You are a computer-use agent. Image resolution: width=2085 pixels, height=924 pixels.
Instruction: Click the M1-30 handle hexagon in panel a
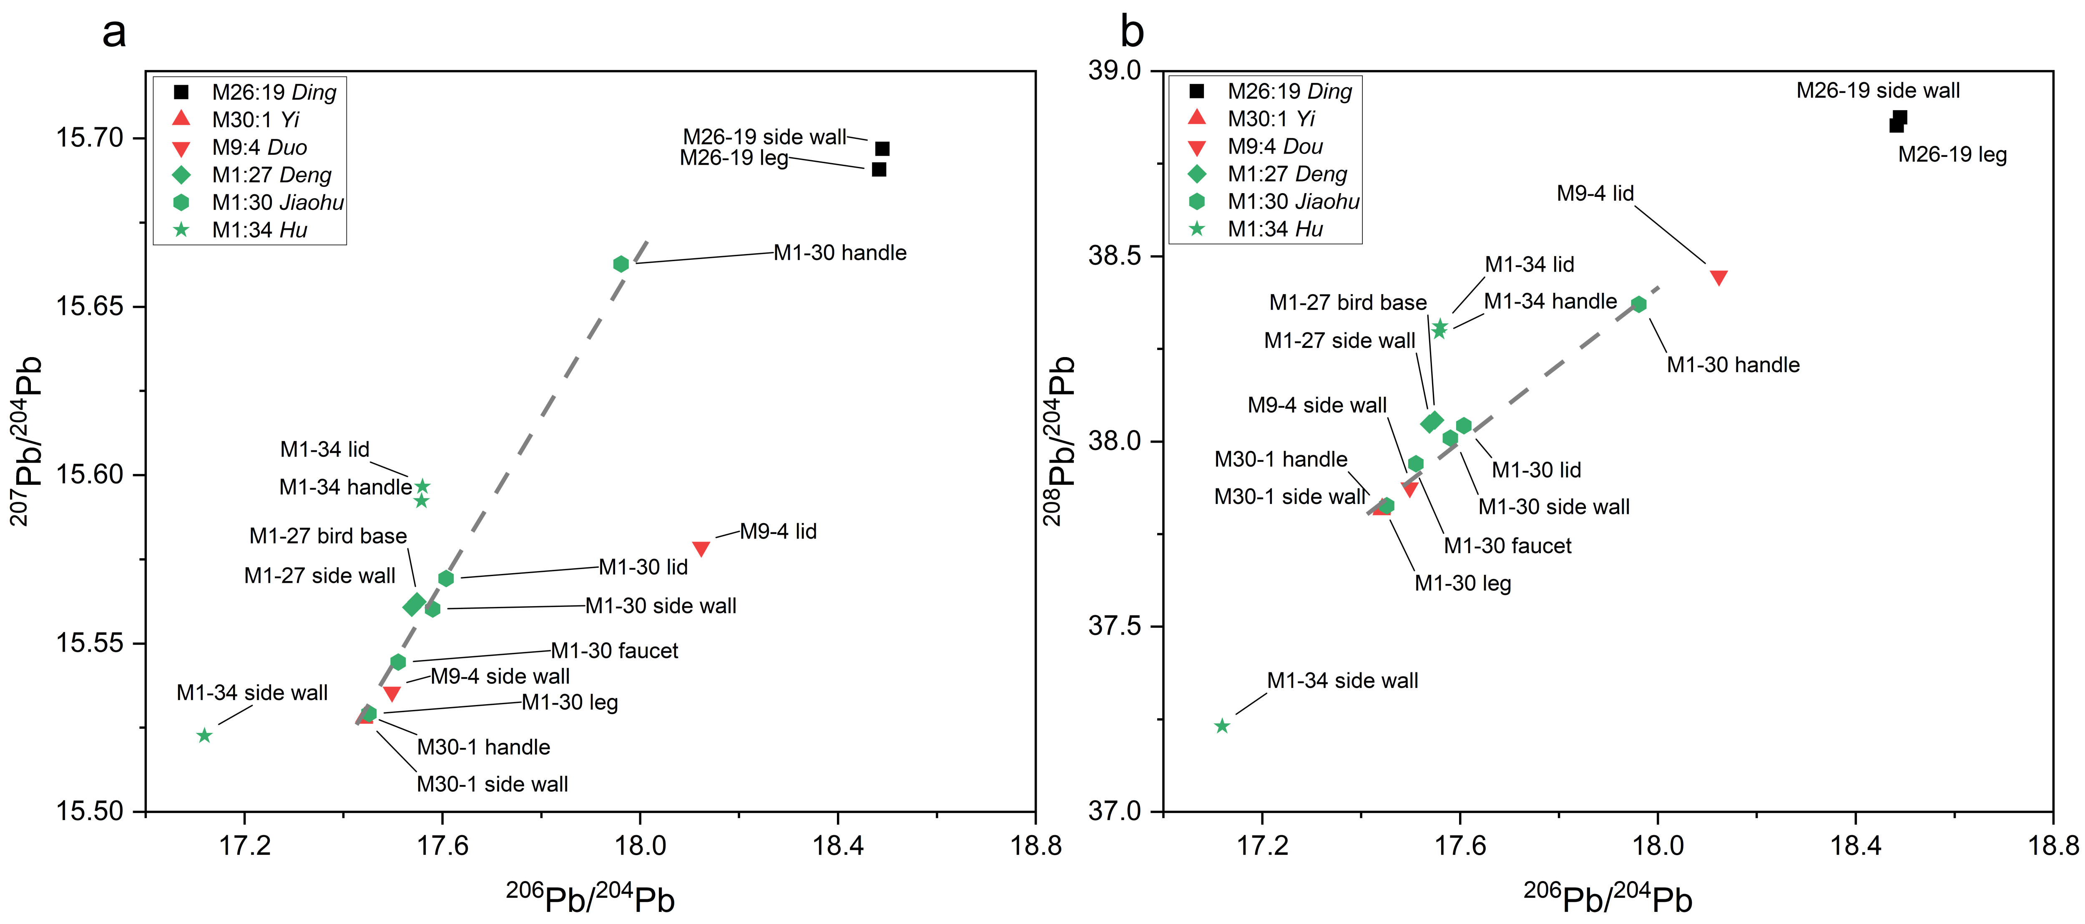coord(621,264)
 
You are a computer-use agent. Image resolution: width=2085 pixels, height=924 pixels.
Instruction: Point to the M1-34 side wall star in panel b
coord(1222,726)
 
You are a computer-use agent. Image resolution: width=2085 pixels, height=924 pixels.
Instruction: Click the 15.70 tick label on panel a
coord(89,138)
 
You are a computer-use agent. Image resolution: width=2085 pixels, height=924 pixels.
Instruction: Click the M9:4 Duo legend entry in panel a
coord(259,147)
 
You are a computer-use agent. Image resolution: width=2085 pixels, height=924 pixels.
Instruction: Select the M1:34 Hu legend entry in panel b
coord(1275,229)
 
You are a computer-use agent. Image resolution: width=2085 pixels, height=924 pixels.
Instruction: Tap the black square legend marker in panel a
coord(181,92)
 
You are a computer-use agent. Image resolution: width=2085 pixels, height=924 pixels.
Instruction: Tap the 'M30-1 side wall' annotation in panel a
coord(492,784)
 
